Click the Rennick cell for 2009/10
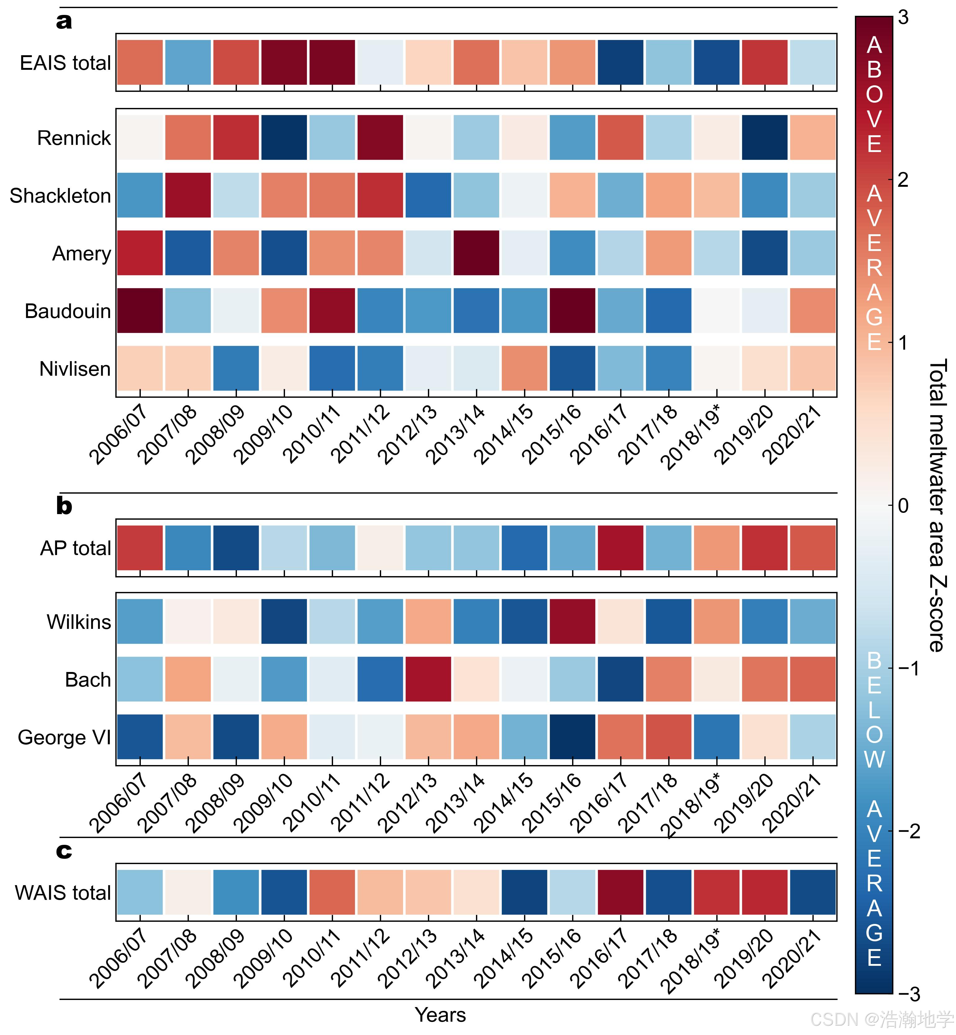click(284, 138)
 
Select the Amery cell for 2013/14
click(476, 253)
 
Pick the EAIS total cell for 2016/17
click(621, 62)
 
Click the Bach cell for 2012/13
click(428, 679)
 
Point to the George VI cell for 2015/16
click(573, 737)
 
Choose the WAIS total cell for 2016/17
click(621, 892)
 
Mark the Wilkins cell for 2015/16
click(573, 621)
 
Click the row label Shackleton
click(60, 196)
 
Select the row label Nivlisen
click(75, 369)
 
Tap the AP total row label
click(76, 548)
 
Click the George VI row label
click(64, 737)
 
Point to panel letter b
click(64, 506)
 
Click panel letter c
click(64, 851)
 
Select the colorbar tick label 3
click(903, 18)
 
